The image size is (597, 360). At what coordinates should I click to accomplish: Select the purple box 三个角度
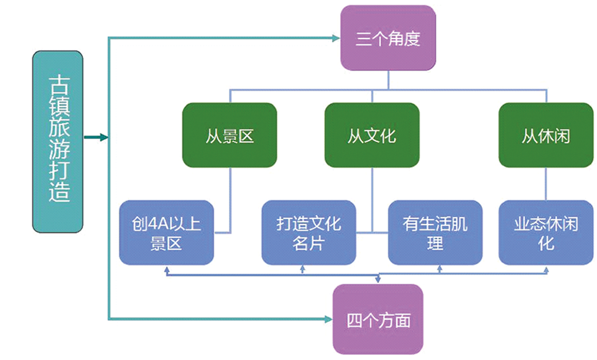point(387,39)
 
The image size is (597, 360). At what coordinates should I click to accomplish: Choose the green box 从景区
point(230,135)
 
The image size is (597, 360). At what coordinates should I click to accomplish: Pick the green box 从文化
point(372,135)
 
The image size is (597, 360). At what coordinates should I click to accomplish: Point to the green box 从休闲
point(545,135)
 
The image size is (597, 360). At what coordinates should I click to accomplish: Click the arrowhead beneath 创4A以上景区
point(167,270)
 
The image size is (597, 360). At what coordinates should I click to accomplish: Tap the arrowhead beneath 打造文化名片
point(302,270)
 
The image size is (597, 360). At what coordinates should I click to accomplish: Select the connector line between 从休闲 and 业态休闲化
point(545,183)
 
